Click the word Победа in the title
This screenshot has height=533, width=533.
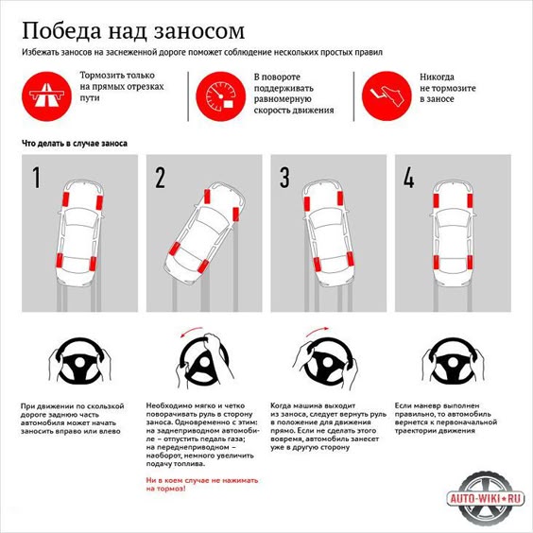61,31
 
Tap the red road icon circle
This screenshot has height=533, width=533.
47,96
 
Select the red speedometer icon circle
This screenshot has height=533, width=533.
220,96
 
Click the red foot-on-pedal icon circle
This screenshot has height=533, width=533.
387,96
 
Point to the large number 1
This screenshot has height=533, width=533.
36,178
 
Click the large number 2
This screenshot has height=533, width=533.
160,178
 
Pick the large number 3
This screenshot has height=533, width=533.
284,178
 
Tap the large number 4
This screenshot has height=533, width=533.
409,178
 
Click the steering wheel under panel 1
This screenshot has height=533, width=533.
80,360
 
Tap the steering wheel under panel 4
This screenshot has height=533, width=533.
453,360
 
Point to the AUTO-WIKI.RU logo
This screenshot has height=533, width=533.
485,499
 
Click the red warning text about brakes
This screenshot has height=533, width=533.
202,485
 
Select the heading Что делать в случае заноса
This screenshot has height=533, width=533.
75,144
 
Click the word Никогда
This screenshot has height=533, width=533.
437,77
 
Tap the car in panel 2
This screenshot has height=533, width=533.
205,233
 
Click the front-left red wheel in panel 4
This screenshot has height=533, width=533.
436,200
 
